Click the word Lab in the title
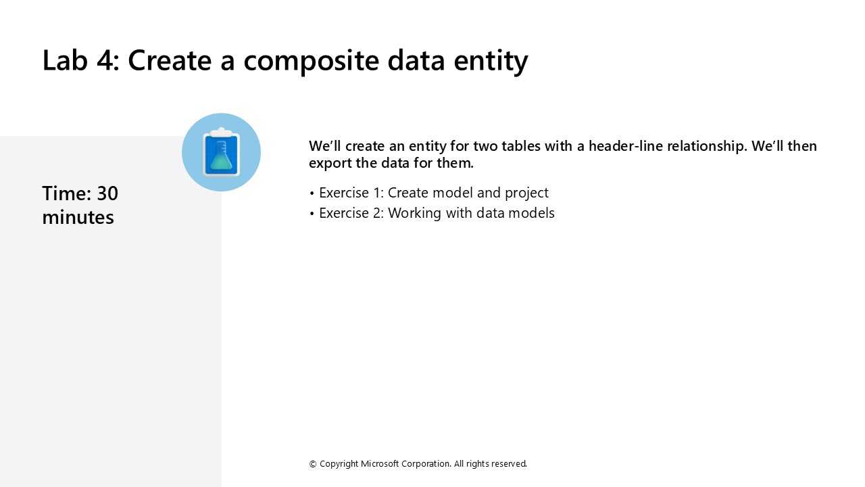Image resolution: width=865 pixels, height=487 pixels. click(65, 60)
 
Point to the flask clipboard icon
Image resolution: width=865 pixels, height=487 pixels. click(221, 152)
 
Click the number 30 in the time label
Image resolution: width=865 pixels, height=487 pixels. click(107, 193)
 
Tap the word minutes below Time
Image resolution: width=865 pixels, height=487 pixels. click(78, 217)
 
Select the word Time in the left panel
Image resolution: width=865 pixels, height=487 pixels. click(66, 193)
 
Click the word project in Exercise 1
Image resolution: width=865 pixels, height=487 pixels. click(526, 193)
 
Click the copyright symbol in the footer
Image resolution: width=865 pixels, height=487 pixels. click(313, 464)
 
